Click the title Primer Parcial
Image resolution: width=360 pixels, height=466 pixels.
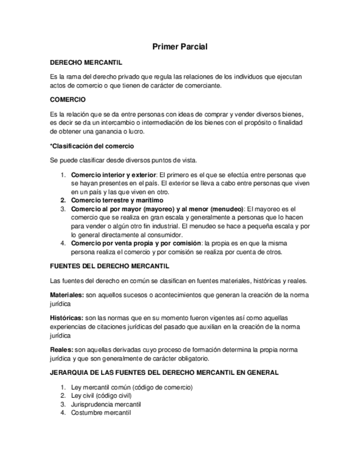[x=179, y=47]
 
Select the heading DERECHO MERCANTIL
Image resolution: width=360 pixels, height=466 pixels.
[x=86, y=63]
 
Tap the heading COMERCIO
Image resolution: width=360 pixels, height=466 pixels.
[x=68, y=101]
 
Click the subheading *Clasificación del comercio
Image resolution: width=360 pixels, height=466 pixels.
[x=92, y=146]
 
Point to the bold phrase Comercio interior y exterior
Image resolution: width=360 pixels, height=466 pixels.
[x=114, y=175]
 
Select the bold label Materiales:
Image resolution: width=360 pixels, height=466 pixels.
[x=67, y=295]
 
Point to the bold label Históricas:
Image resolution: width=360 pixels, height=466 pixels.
[x=66, y=318]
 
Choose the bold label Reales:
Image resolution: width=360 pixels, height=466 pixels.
[x=61, y=350]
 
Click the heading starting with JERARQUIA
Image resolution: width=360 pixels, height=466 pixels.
[x=164, y=373]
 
